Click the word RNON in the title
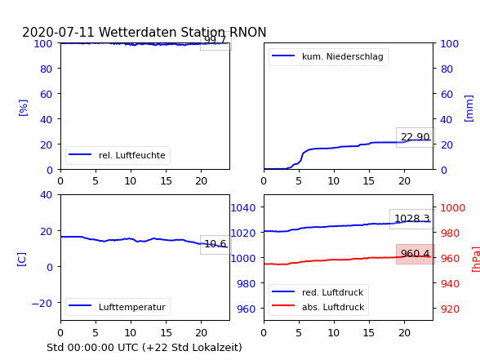pos(247,32)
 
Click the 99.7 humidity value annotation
pos(216,41)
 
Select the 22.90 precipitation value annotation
pos(415,137)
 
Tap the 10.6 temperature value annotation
pos(216,244)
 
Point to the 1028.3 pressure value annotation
pos(412,219)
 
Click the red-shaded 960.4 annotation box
pos(415,254)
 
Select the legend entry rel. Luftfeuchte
pos(118,155)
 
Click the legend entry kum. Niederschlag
pos(328,56)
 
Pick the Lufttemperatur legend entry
pos(118,307)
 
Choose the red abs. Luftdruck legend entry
pos(318,307)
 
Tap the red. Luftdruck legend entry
pos(318,292)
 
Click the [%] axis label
pos(23,108)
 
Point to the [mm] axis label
pos(469,109)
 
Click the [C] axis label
pos(21,259)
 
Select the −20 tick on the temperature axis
pos(42,303)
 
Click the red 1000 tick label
pos(453,208)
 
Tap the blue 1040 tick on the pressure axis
pos(243,208)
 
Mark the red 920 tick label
pos(450,309)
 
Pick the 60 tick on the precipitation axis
pos(447,94)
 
